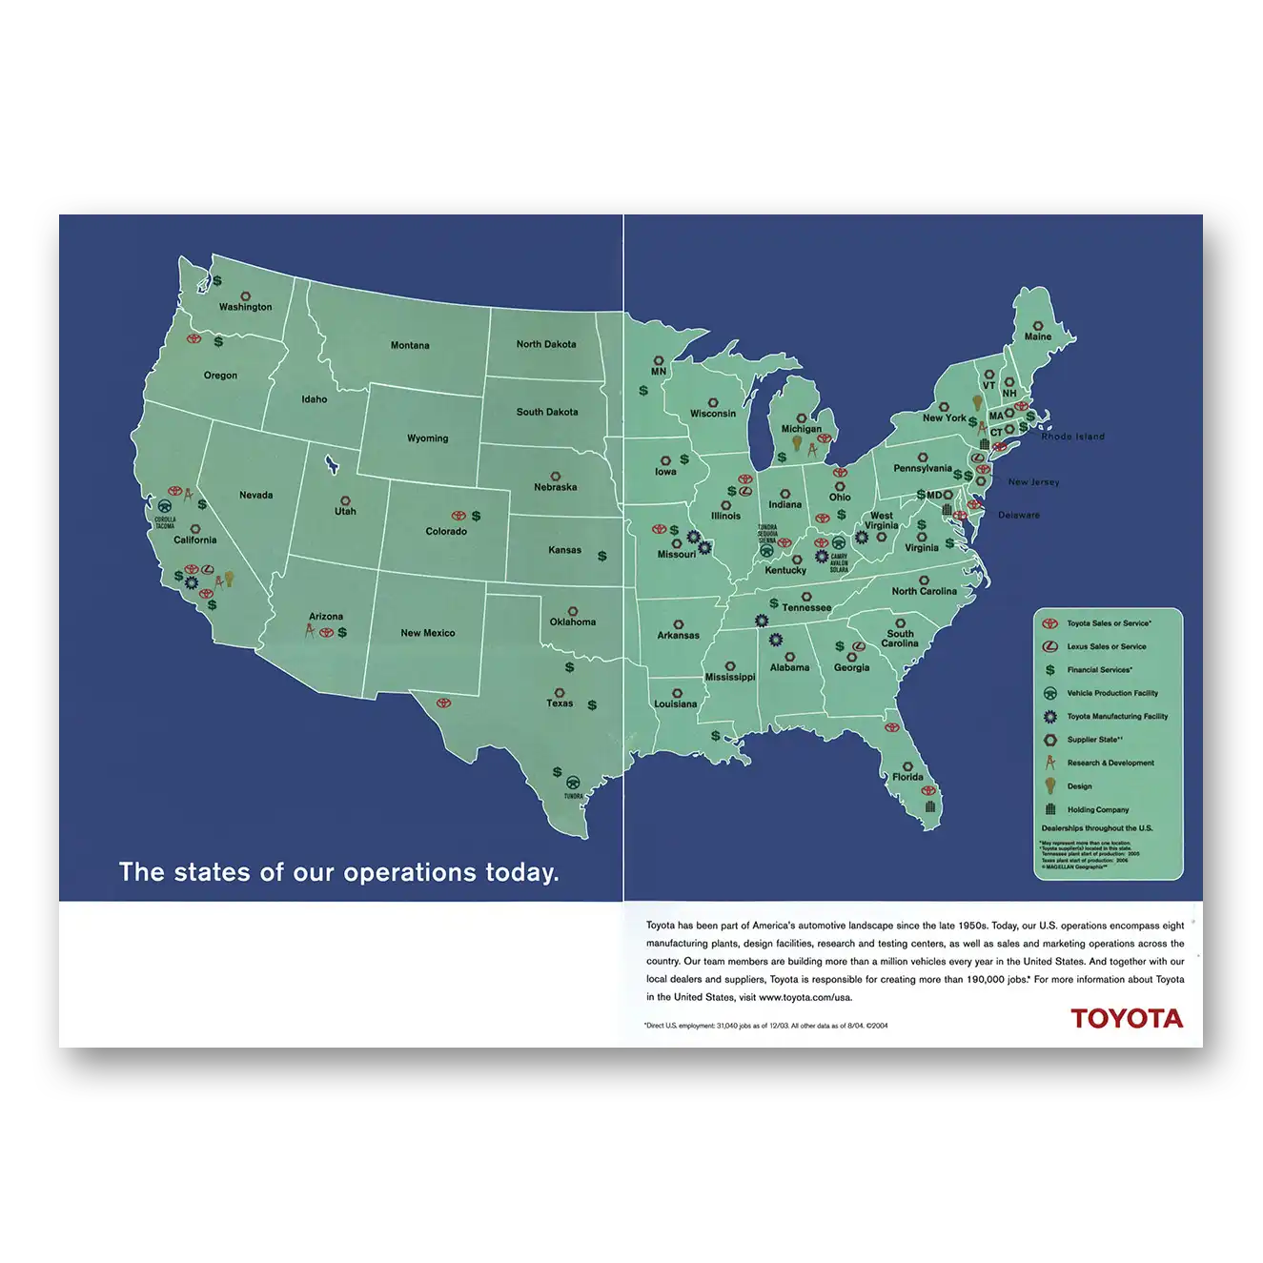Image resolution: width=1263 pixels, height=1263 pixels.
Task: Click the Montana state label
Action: (x=410, y=345)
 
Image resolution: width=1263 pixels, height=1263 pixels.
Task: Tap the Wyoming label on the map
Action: (x=427, y=438)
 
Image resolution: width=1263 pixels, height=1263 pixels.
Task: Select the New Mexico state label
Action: (x=427, y=633)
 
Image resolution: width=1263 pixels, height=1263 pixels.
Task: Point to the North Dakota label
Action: (x=546, y=344)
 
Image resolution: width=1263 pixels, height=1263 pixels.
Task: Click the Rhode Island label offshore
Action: (x=1072, y=437)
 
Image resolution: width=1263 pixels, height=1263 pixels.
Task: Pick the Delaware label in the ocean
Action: (x=1019, y=515)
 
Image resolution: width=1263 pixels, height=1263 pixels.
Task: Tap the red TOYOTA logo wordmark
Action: (x=1126, y=1018)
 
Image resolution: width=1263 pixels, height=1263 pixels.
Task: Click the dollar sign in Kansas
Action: (x=601, y=556)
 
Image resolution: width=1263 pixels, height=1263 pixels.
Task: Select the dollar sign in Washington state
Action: (x=217, y=281)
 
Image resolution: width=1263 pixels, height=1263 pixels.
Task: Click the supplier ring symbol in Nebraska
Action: (x=554, y=475)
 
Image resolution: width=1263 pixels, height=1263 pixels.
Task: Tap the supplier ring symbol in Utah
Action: (x=344, y=499)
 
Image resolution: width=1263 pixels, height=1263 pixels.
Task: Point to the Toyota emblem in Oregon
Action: (x=194, y=339)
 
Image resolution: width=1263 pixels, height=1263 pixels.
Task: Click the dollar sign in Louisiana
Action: (x=716, y=736)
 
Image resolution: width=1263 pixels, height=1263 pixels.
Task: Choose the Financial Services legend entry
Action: (x=1099, y=670)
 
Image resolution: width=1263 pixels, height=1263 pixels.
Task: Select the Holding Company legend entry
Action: (x=1096, y=809)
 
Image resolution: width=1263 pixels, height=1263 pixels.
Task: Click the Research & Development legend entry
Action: (x=1109, y=763)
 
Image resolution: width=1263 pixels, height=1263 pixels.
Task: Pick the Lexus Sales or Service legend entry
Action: (x=1105, y=646)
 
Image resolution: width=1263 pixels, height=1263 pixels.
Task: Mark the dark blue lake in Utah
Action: (x=331, y=465)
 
